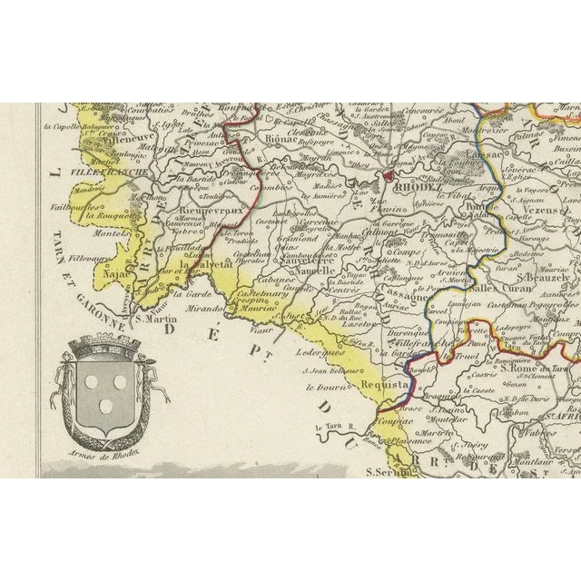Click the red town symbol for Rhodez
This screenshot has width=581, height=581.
388,174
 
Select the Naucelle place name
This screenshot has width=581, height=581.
314,271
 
